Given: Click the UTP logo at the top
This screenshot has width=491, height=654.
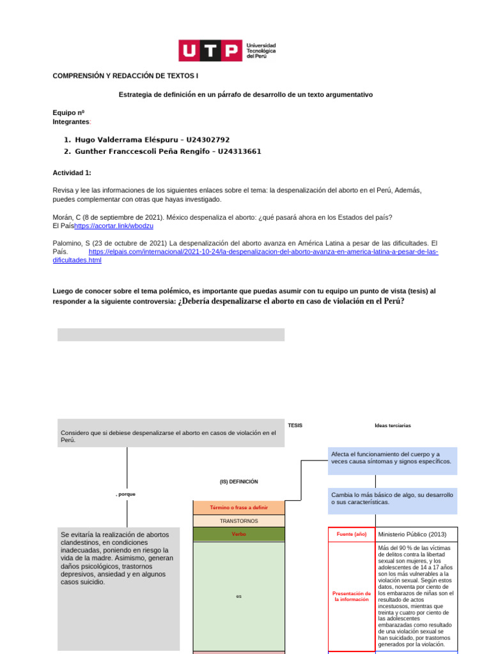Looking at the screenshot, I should [227, 50].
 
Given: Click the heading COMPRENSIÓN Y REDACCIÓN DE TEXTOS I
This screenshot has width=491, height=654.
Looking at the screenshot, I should [125, 76].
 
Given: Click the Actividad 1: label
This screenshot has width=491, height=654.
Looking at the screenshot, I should [72, 172].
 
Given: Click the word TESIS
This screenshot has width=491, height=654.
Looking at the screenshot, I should [295, 425].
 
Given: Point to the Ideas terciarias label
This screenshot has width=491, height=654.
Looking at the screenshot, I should [393, 425].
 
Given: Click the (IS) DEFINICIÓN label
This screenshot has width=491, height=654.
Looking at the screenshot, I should [238, 482].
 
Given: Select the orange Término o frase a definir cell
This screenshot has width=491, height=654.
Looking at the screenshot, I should [238, 508].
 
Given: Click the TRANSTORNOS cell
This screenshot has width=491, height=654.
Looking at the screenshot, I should [238, 521].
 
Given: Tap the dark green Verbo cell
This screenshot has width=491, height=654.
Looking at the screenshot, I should [238, 535].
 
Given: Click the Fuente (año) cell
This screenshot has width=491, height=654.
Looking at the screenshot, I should [351, 534].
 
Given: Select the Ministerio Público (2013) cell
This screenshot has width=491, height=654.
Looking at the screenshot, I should [412, 534].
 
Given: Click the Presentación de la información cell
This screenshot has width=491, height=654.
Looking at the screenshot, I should [351, 597].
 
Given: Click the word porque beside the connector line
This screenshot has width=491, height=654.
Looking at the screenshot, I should [126, 494].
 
